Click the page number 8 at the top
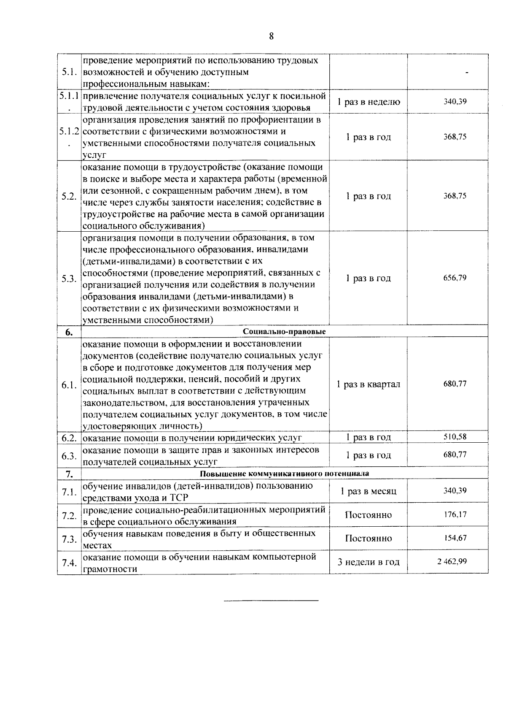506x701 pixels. click(271, 36)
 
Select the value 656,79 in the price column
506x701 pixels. click(455, 278)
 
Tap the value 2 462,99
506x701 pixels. click(452, 561)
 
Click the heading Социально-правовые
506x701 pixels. click(284, 332)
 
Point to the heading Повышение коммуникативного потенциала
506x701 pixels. click(284, 474)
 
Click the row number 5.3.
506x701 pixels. click(69, 279)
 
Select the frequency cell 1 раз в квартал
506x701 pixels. click(368, 384)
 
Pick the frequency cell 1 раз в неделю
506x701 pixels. click(368, 102)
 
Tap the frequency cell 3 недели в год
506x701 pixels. click(368, 562)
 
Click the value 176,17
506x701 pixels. click(455, 514)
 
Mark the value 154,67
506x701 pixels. click(455, 538)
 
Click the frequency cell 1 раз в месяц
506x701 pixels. click(368, 491)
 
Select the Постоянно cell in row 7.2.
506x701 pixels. click(368, 515)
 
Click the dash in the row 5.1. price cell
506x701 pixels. click(467, 73)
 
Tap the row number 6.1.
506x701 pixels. click(69, 385)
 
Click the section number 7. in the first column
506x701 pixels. click(69, 474)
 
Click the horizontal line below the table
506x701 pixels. click(271, 600)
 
